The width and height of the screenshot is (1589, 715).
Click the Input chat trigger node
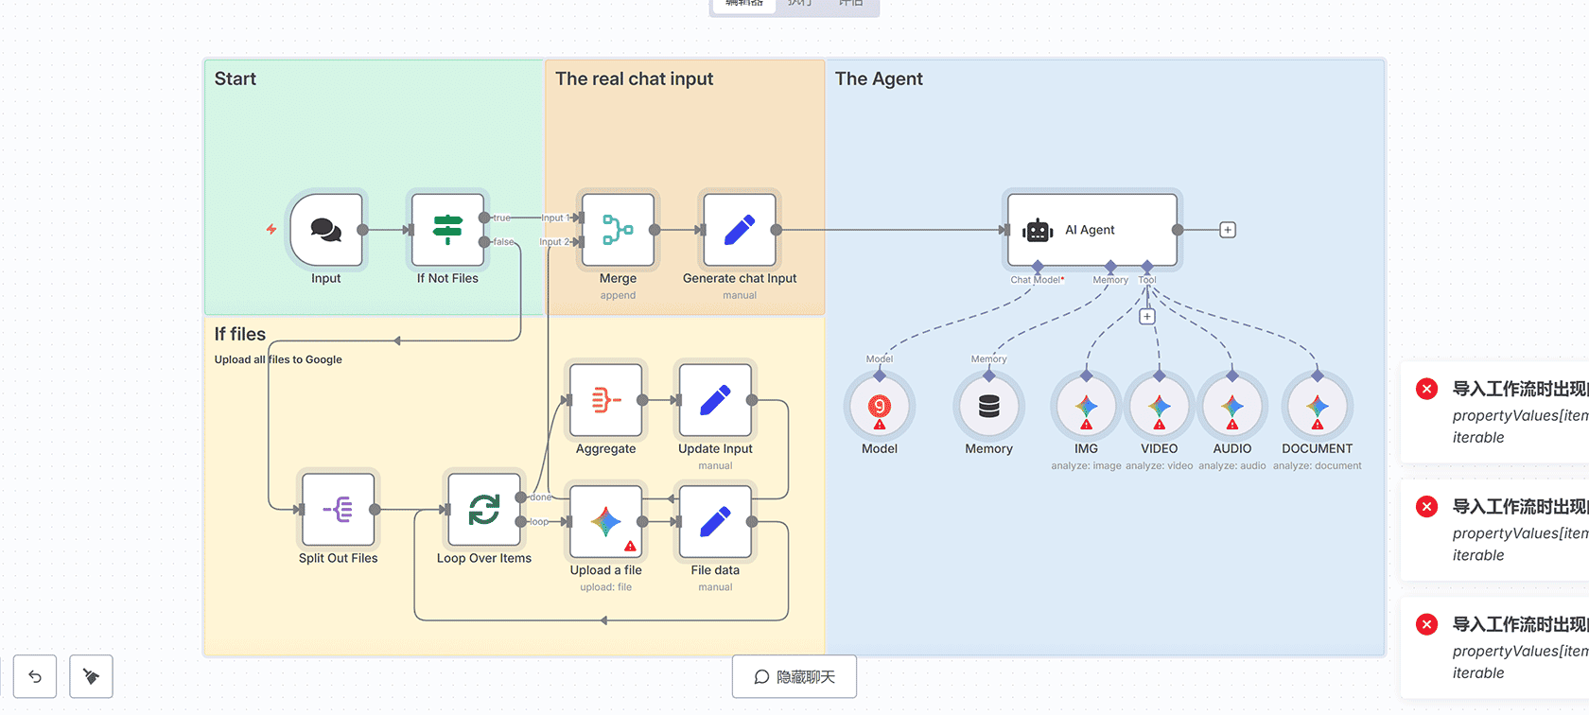[326, 230]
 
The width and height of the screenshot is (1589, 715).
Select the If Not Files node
[447, 230]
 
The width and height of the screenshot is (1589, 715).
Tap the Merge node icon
[618, 230]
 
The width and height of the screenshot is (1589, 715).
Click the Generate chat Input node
[740, 230]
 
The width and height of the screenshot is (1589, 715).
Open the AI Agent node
[1092, 230]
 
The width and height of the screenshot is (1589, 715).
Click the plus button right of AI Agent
[1228, 230]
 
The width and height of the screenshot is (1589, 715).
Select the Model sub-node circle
[880, 408]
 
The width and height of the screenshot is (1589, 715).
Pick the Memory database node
[989, 408]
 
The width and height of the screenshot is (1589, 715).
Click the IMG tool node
[1087, 408]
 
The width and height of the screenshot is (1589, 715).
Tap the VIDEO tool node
[1160, 408]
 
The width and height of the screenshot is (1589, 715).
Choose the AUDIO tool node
[1232, 408]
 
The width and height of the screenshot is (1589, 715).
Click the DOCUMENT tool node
[1318, 408]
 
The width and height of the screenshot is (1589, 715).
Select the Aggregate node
[606, 400]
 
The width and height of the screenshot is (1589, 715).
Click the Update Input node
[715, 400]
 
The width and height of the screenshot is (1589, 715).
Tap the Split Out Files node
[339, 510]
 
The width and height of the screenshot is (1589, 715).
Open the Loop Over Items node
[484, 510]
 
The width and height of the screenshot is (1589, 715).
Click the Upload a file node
[606, 521]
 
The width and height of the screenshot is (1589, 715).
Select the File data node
[715, 521]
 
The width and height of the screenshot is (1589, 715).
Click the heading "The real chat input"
[634, 79]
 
